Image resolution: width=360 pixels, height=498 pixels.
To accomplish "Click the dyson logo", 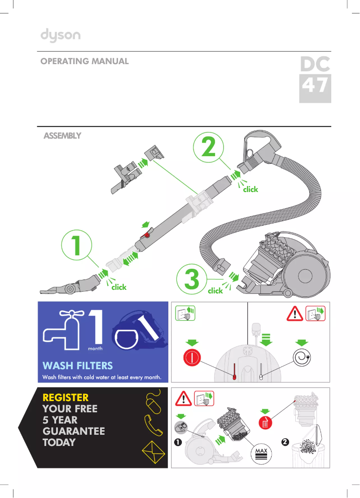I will pyautogui.click(x=61, y=35).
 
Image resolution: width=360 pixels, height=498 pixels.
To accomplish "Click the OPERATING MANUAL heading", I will pyautogui.click(x=84, y=61).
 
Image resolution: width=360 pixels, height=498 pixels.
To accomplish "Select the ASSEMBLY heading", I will pyautogui.click(x=62, y=135).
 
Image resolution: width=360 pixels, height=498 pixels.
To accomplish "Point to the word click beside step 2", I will pyautogui.click(x=250, y=189).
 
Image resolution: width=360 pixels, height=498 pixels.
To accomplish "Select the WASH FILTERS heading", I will pyautogui.click(x=77, y=366).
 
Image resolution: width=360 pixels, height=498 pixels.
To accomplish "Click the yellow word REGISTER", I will pyautogui.click(x=66, y=398).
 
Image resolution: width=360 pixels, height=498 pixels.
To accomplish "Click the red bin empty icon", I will pyautogui.click(x=265, y=423).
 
